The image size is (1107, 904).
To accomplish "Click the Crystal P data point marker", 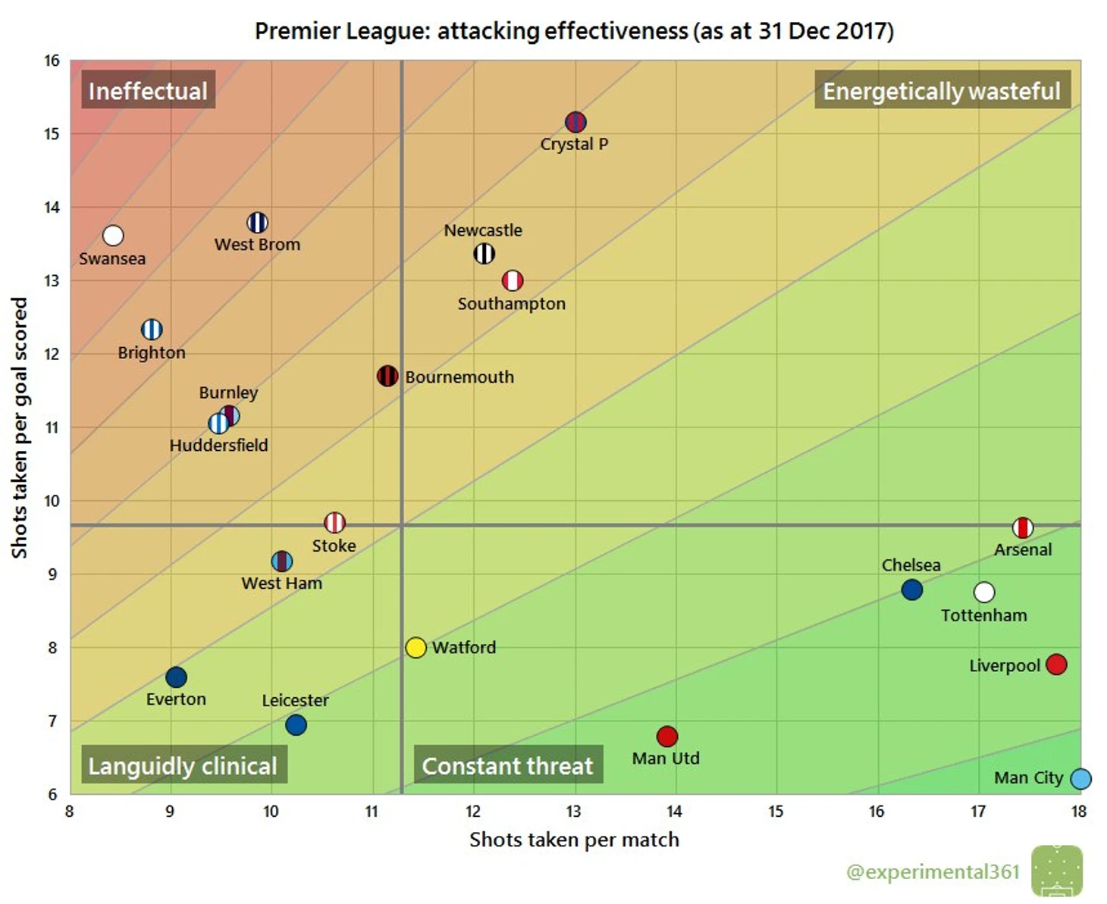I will (x=575, y=121).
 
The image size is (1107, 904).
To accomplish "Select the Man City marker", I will (x=1080, y=778).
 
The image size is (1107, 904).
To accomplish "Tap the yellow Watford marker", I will (x=416, y=647).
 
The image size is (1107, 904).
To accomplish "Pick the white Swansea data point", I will (x=113, y=236).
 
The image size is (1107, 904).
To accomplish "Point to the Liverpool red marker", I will (x=1055, y=665).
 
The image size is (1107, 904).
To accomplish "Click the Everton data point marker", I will (x=176, y=677).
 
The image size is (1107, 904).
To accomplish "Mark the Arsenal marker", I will (x=1023, y=527).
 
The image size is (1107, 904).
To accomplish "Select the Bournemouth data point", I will (x=387, y=376).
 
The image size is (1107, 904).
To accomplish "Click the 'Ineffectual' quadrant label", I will (x=148, y=91).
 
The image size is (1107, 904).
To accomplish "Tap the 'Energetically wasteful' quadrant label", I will (x=942, y=91).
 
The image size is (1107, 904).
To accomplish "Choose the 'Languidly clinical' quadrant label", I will (x=183, y=766).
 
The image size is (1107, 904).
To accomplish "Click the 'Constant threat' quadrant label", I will (x=507, y=766).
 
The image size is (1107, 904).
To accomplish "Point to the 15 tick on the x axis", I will (x=776, y=812).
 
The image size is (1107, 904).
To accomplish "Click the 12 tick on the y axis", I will (x=52, y=354).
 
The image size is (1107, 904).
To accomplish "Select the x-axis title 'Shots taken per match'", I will (x=574, y=840).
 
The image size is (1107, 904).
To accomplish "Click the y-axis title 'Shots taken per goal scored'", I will (x=19, y=428).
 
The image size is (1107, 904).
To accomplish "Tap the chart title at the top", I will (x=574, y=31).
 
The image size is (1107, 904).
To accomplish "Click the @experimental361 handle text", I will (x=933, y=871).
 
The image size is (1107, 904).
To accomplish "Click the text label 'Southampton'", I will (x=512, y=304).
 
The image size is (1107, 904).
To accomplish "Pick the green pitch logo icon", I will (x=1057, y=871).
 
